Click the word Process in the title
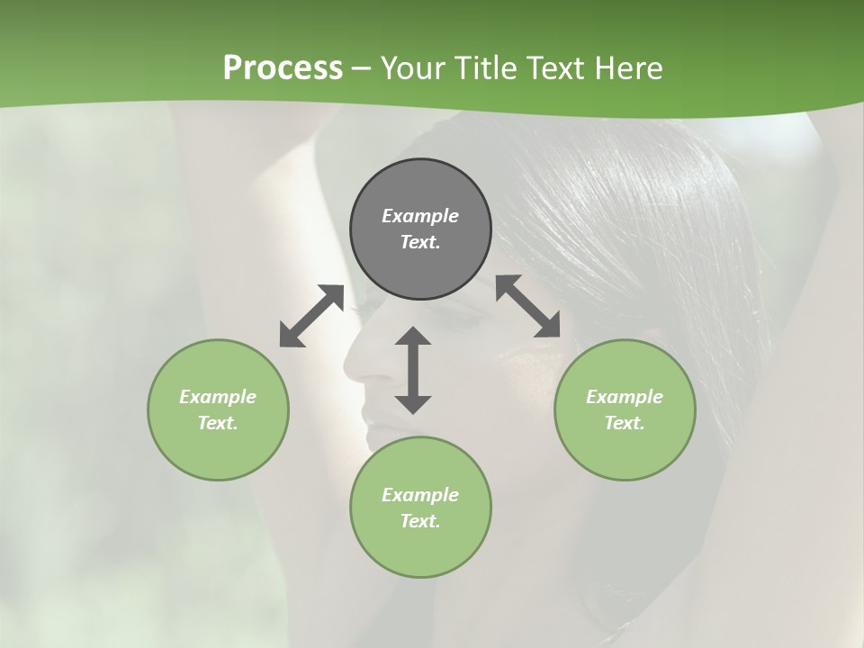click(x=283, y=68)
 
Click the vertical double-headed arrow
click(x=413, y=370)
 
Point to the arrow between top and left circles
click(x=311, y=316)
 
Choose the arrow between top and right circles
click(x=528, y=306)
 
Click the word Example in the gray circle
click(x=420, y=216)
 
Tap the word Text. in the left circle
click(x=218, y=423)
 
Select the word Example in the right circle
click(x=625, y=397)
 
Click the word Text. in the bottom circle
click(x=420, y=521)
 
